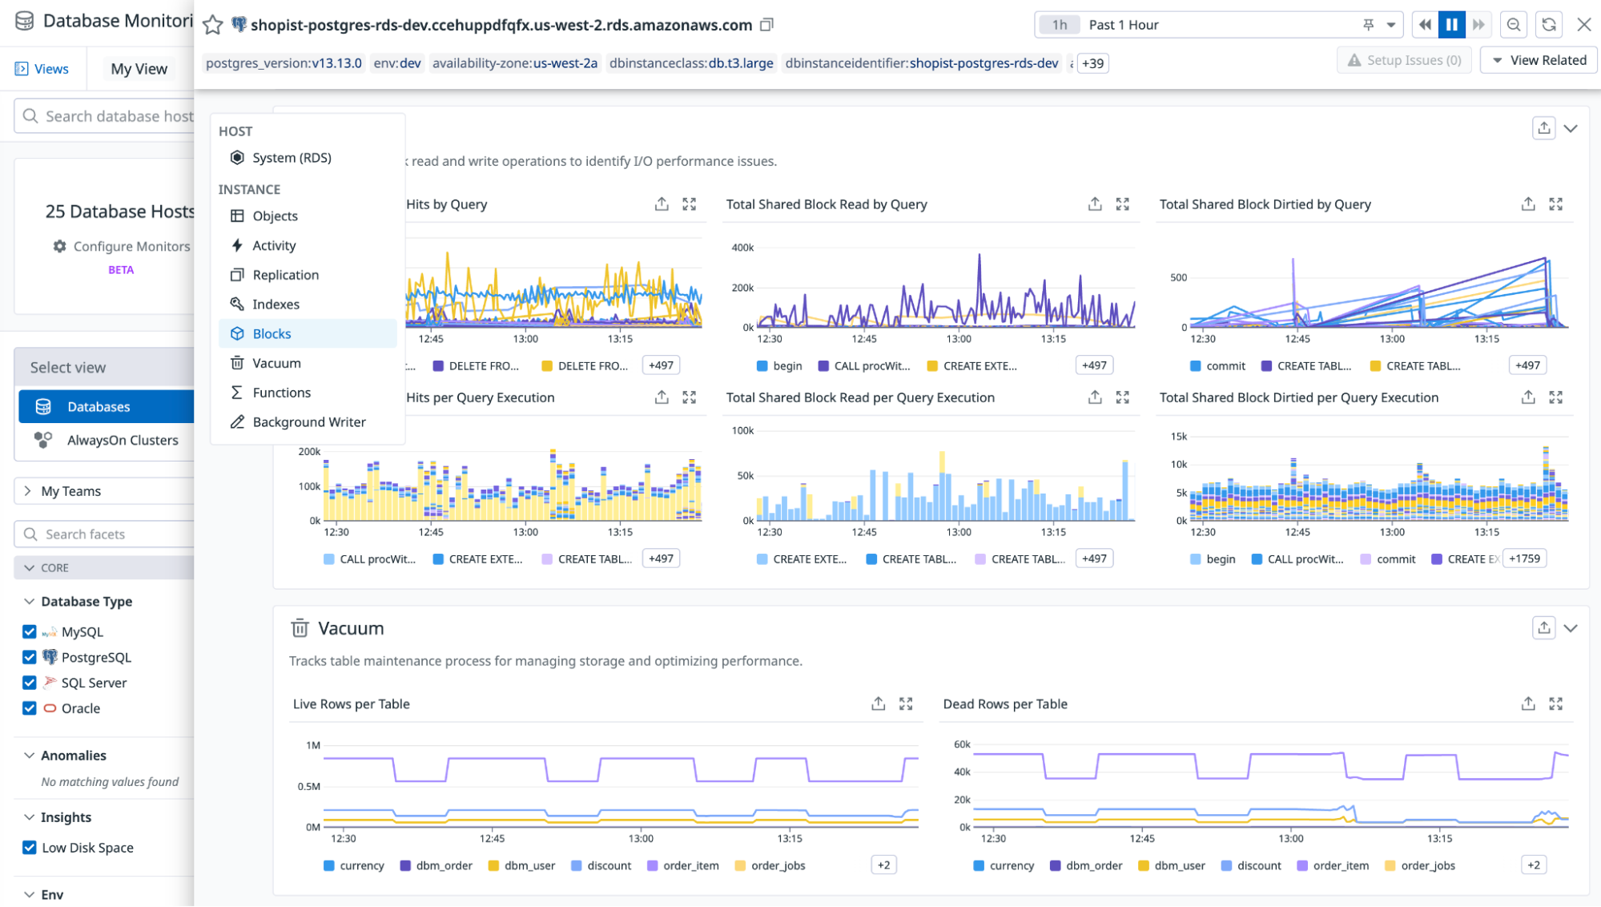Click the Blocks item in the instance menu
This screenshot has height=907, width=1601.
272,333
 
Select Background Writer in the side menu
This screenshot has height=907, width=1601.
308,421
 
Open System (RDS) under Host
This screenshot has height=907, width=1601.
292,158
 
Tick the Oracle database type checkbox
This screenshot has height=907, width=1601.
30,708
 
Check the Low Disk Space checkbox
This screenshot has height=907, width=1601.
30,848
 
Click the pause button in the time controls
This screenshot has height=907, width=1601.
1451,25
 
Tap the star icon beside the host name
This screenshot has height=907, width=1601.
212,25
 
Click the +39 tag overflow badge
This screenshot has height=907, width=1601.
1092,63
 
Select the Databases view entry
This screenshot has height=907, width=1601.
99,407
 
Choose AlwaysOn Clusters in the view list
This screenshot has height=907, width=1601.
122,440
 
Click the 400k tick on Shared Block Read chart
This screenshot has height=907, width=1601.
742,248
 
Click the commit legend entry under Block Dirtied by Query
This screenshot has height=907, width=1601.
1225,365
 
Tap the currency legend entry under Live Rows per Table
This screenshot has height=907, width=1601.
361,865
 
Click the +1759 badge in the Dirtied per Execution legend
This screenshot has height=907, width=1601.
1524,558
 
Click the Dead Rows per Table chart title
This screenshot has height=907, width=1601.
1005,703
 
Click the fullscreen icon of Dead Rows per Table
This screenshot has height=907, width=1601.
1555,703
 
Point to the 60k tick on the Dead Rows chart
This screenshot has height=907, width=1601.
962,744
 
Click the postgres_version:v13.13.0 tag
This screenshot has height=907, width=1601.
284,63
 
